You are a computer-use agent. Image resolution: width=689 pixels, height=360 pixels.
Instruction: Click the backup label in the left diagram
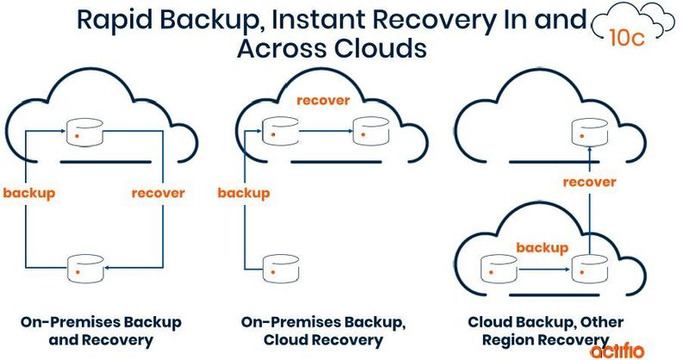[x=28, y=193]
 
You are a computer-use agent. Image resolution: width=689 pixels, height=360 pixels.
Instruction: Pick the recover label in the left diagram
[x=158, y=193]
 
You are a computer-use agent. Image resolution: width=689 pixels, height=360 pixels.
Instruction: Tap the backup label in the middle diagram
[x=245, y=193]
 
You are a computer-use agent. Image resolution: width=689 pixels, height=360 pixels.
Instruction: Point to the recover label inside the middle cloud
[x=323, y=101]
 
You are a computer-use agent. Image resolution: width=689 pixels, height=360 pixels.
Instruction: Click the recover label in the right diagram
[x=589, y=183]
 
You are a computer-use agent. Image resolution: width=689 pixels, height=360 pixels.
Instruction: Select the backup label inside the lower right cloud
[x=542, y=248]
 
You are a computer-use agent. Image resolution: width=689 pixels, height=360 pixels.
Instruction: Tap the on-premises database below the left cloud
[x=84, y=267]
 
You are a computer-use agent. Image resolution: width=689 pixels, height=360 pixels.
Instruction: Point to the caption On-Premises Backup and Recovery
[x=102, y=331]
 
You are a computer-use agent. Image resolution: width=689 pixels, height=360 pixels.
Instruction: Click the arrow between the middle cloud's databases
[x=324, y=132]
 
